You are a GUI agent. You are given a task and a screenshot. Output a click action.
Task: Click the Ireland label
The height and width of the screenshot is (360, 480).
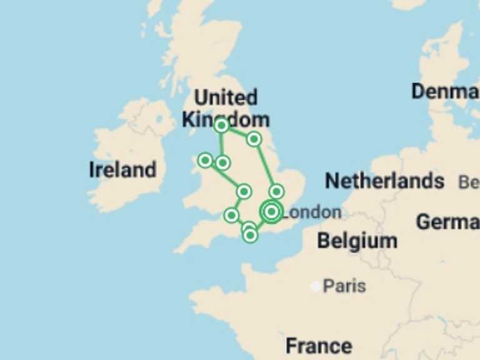click(122, 169)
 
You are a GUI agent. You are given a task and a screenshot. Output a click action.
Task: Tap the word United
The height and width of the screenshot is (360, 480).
click(225, 97)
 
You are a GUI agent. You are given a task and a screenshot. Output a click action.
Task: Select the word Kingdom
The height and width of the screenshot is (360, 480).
click(226, 119)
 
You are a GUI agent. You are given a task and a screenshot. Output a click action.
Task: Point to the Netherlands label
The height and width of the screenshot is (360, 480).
click(384, 181)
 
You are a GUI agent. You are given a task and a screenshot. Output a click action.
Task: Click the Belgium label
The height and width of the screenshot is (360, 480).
click(356, 241)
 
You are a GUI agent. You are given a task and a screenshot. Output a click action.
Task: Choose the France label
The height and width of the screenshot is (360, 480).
click(318, 345)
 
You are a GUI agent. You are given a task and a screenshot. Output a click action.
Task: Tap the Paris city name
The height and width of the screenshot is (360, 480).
click(344, 286)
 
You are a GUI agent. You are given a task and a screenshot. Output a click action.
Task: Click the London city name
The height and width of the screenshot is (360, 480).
click(312, 212)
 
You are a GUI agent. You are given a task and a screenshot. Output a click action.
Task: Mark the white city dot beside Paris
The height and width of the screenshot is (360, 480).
click(316, 287)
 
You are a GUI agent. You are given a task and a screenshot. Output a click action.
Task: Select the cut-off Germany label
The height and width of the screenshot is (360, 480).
click(447, 221)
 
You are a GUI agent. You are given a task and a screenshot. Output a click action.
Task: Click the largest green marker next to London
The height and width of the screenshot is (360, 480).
click(271, 212)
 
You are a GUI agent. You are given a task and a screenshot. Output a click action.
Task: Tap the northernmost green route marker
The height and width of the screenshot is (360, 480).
click(221, 126)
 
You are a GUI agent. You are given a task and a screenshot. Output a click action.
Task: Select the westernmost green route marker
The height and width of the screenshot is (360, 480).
click(205, 161)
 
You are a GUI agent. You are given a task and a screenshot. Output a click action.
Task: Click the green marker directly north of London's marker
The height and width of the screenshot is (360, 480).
click(276, 191)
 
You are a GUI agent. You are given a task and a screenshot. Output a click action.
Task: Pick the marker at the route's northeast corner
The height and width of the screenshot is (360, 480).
click(254, 139)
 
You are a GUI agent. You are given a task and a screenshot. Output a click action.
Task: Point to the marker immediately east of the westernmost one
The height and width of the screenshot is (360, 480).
click(222, 163)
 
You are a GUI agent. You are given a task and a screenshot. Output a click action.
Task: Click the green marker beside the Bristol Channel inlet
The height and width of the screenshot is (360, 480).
click(231, 215)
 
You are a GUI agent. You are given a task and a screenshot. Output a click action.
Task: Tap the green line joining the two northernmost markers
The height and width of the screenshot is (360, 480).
click(237, 132)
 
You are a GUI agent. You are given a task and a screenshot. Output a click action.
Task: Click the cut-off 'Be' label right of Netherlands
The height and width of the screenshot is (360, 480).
click(469, 182)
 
